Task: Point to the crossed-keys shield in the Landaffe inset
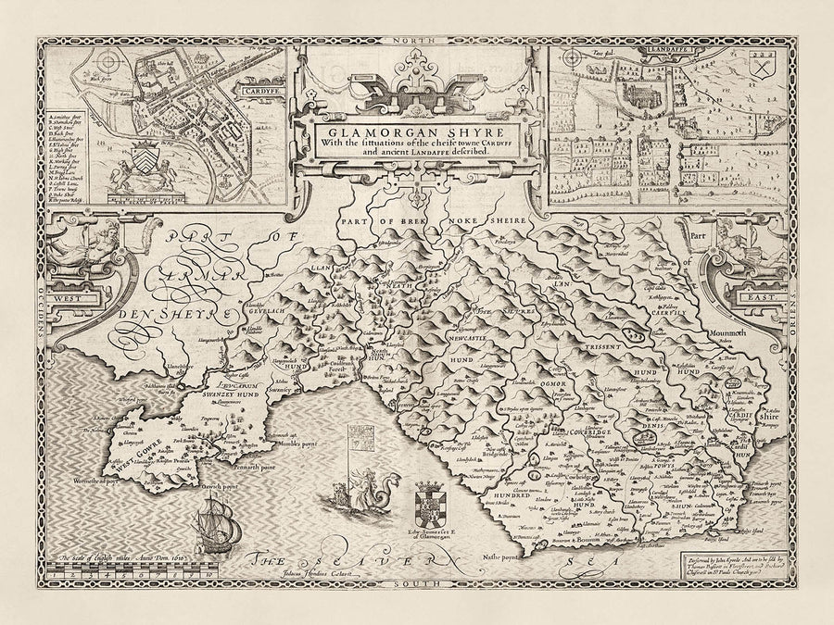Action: point(765,69)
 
